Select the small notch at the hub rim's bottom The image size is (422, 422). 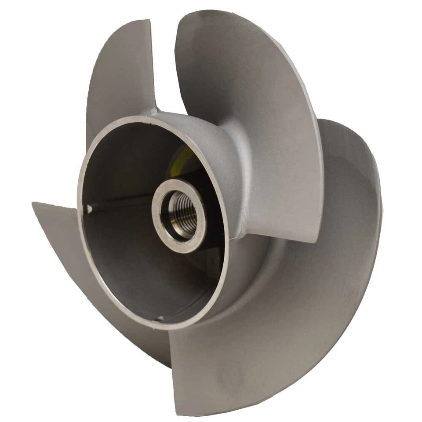tap(160, 317)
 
